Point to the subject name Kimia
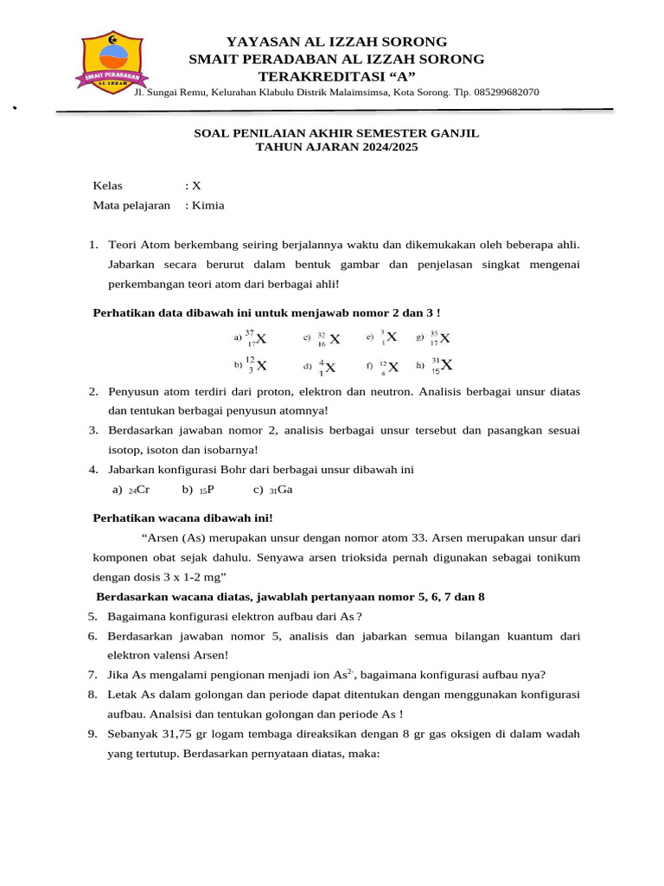pos(208,205)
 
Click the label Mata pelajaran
pos(131,205)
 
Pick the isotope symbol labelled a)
pos(256,337)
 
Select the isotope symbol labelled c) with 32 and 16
pos(329,338)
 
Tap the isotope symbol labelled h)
pos(442,365)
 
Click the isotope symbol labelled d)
pos(327,366)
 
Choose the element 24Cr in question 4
pos(139,490)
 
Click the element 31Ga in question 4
pos(281,490)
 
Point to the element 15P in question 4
pos(207,490)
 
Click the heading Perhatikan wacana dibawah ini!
pos(182,517)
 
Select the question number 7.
pos(93,675)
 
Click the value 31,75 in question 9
pos(180,733)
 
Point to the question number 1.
pos(93,245)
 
